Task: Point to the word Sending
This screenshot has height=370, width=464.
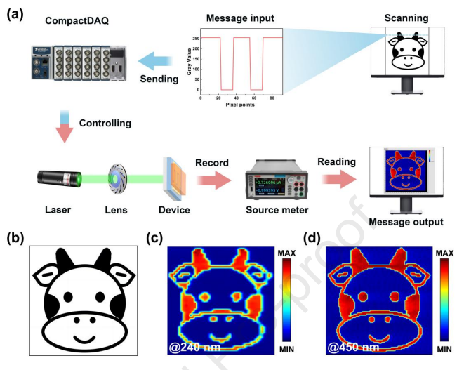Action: click(x=159, y=79)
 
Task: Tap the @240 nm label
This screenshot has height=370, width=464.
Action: click(x=185, y=347)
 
